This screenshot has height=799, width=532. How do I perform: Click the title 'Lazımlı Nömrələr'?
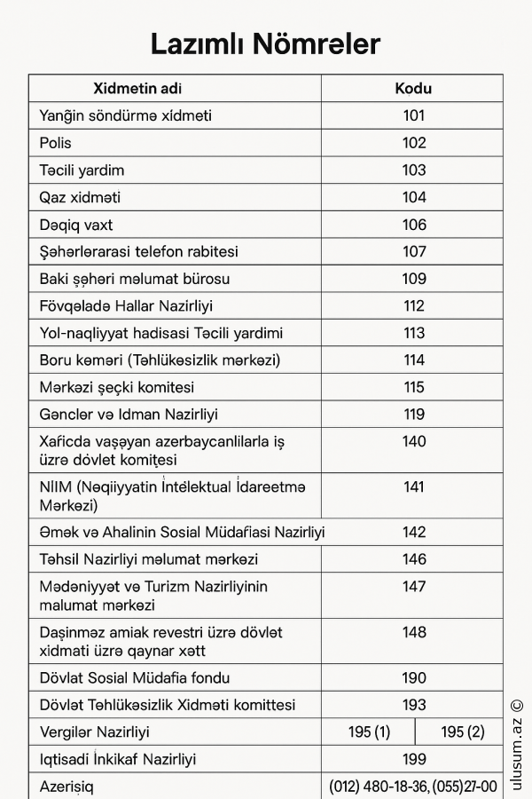(x=265, y=44)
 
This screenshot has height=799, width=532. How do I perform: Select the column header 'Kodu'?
(x=413, y=89)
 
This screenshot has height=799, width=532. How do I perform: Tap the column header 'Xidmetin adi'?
(x=137, y=89)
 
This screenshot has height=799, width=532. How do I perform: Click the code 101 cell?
(x=414, y=115)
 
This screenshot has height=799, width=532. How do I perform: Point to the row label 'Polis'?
(x=56, y=143)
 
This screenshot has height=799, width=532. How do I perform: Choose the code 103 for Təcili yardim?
(x=414, y=170)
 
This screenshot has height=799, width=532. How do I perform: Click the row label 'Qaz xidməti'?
(x=80, y=197)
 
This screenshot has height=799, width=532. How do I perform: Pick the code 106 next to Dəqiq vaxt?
(x=414, y=225)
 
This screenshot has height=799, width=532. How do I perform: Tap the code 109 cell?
(x=414, y=279)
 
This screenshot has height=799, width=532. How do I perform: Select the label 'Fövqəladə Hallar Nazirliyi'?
(x=126, y=306)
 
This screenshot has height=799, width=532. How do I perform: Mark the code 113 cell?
(x=414, y=334)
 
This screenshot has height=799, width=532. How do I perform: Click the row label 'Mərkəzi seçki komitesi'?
(x=116, y=388)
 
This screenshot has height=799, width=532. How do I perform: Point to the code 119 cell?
(x=414, y=415)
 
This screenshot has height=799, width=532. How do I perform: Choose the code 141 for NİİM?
(x=414, y=487)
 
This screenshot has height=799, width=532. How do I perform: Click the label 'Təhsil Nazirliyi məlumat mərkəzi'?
(x=149, y=559)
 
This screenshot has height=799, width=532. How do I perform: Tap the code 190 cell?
(x=414, y=678)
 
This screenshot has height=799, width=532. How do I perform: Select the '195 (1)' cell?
(x=369, y=732)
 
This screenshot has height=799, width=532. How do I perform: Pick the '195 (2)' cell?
(x=463, y=732)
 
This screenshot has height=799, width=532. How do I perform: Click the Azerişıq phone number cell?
(x=413, y=787)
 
